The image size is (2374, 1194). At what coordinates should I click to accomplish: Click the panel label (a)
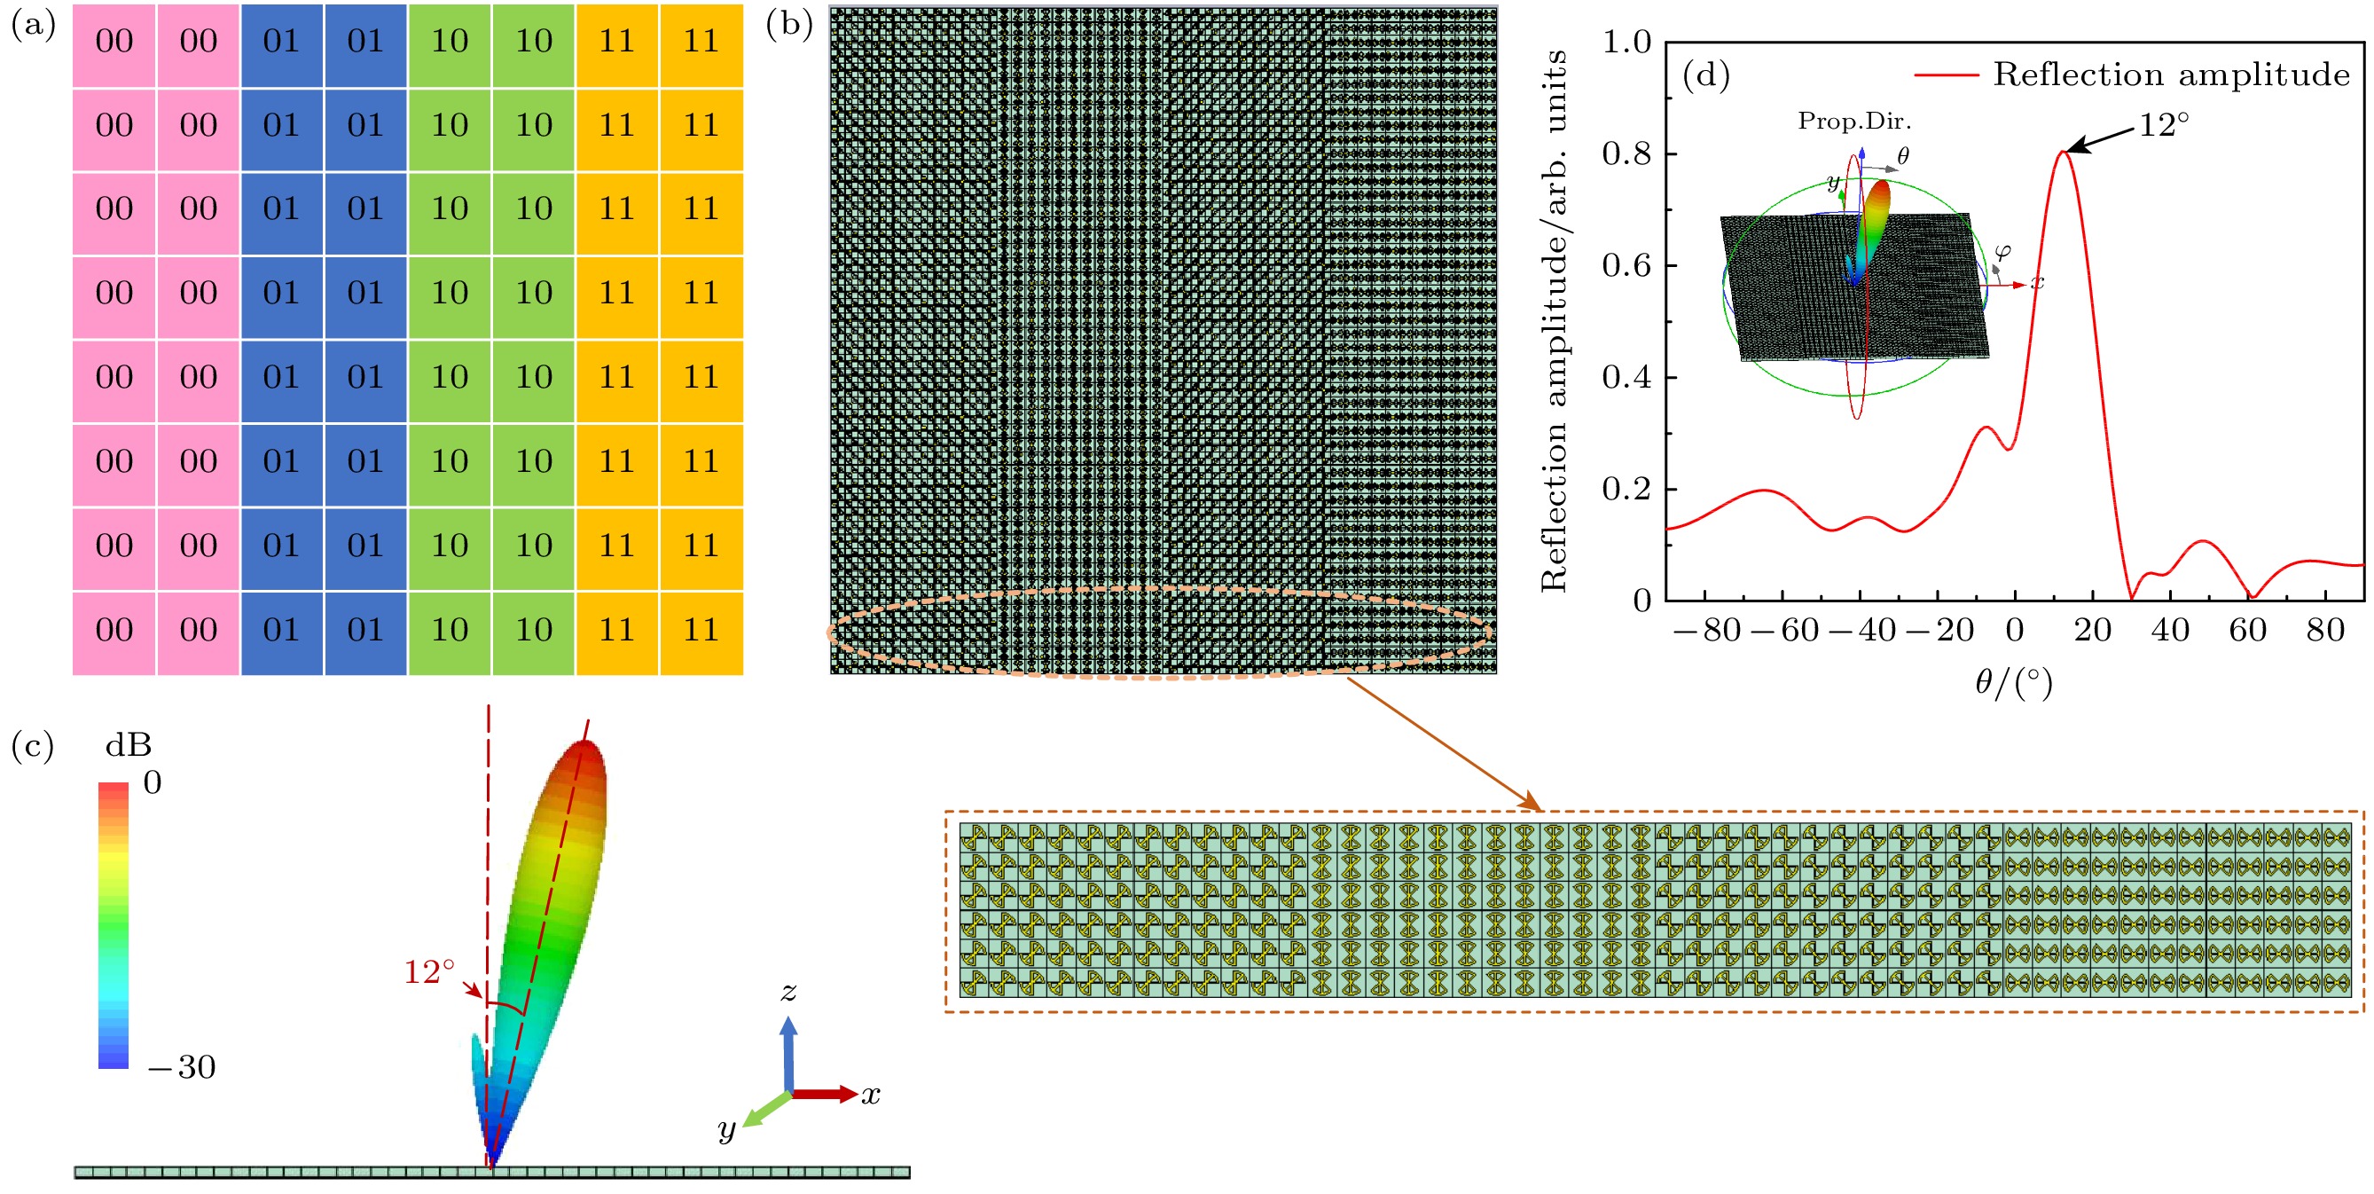pos(33,26)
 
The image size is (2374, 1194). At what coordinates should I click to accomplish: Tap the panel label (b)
pos(789,26)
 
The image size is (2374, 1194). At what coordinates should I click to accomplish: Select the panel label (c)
pos(33,746)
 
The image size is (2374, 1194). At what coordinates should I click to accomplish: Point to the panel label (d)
pos(1706,75)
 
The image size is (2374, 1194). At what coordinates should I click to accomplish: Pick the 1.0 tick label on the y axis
pos(1626,42)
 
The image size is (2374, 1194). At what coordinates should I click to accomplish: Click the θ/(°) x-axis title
pos(2014,682)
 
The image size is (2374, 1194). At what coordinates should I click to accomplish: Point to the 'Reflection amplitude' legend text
pos(2171,75)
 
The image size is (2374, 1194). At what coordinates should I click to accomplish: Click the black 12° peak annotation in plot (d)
pos(2163,124)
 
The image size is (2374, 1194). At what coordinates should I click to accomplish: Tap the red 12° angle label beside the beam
pos(429,972)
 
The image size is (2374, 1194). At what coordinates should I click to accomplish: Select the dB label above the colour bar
pos(128,745)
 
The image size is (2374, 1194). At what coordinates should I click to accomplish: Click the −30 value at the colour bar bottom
pos(182,1067)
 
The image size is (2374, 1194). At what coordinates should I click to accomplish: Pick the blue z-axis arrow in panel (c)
pos(788,1054)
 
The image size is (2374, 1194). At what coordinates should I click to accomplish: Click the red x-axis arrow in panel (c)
pos(825,1095)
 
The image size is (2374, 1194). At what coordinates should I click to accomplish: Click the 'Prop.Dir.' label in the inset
pos(1854,121)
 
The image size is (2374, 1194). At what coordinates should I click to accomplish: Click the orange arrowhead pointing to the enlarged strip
pos(1532,802)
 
